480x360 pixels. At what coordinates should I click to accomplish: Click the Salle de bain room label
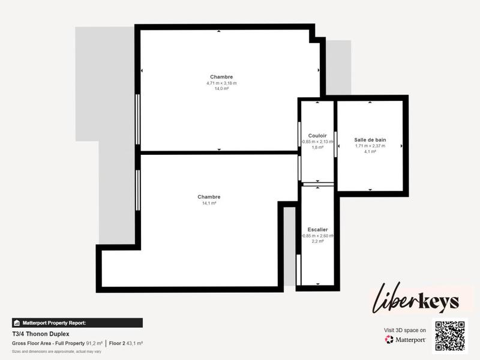click(370, 139)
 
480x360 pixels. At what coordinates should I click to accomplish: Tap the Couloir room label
click(317, 136)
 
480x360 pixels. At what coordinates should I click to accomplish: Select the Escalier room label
click(317, 229)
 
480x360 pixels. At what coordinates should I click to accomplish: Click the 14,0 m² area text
click(221, 89)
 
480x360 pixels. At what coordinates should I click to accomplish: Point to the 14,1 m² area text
click(209, 203)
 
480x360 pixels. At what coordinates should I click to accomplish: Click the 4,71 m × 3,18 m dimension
click(221, 83)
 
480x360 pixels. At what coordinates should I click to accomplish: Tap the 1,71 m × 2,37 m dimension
click(370, 146)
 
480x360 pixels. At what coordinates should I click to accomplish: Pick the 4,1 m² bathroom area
click(370, 152)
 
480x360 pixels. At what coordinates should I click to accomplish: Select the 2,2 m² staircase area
click(317, 241)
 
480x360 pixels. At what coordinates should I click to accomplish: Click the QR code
click(450, 336)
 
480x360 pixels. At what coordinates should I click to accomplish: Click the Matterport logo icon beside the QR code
click(389, 340)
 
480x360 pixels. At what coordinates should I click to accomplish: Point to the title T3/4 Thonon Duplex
click(41, 334)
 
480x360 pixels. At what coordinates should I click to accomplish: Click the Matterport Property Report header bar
click(77, 323)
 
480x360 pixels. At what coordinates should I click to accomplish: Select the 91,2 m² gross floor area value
click(94, 343)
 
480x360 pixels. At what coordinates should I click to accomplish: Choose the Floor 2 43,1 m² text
click(125, 343)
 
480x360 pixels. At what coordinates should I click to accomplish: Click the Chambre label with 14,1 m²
click(209, 197)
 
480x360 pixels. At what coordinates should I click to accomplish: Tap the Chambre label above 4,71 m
click(221, 76)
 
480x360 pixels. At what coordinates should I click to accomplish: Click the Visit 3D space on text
click(405, 330)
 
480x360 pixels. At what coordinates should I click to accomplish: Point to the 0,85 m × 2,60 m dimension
click(317, 235)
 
